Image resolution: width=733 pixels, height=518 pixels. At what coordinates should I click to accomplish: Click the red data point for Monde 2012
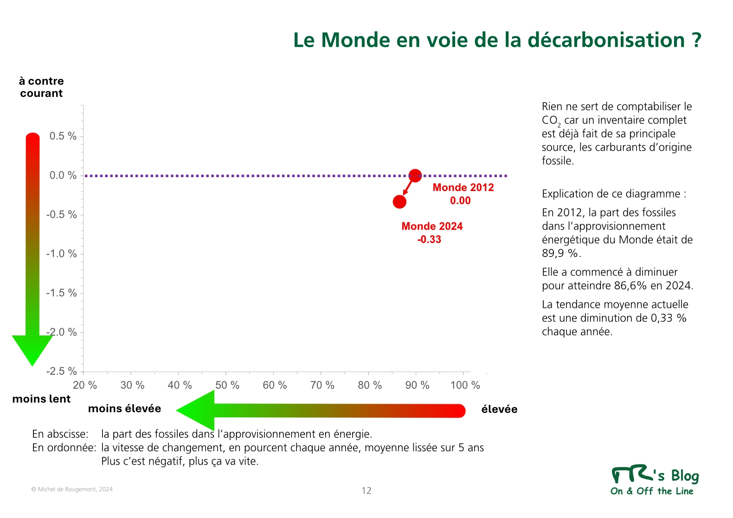click(415, 176)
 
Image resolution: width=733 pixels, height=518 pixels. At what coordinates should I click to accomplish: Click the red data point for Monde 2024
click(399, 202)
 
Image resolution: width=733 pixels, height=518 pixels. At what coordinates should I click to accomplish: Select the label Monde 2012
click(463, 187)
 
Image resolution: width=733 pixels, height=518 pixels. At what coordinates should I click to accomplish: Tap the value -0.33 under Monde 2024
click(429, 239)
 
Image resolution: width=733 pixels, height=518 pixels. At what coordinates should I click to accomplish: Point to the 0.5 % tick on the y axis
click(63, 136)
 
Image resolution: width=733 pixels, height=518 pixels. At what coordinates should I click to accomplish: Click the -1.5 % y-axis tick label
click(61, 293)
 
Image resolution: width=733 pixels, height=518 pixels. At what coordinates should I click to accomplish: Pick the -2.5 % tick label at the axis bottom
click(61, 371)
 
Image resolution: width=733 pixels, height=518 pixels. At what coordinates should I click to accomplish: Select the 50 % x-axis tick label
click(227, 385)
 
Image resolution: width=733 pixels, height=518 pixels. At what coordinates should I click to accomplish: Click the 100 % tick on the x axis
click(465, 385)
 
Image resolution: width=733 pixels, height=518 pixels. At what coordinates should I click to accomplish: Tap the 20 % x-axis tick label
click(85, 385)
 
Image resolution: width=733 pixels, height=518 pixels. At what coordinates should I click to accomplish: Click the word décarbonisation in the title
click(606, 40)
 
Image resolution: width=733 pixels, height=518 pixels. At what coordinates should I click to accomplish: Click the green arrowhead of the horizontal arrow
click(197, 410)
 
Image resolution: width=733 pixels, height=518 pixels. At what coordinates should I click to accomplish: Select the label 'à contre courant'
click(41, 87)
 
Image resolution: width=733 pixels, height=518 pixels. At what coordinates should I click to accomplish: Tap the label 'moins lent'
click(41, 399)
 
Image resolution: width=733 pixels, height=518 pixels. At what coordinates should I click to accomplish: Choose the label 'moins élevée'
click(124, 409)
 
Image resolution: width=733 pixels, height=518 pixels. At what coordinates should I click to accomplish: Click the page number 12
click(366, 491)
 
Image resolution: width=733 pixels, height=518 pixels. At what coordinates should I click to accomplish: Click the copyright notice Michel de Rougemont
click(72, 489)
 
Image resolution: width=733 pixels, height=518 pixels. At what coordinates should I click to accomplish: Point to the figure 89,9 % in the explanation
click(560, 253)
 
